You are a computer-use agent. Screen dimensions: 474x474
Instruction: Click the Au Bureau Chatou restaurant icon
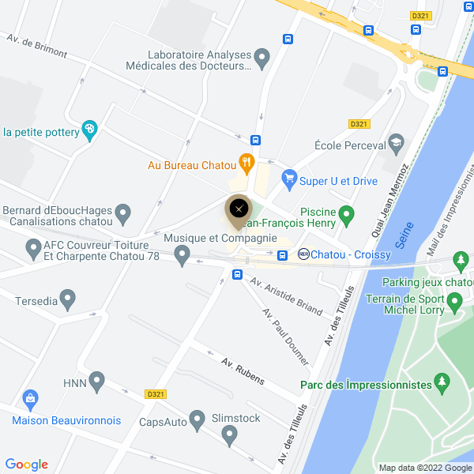[246, 164]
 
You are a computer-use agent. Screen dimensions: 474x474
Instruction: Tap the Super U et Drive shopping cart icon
[288, 180]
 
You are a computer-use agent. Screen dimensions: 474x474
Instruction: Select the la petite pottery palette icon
[90, 130]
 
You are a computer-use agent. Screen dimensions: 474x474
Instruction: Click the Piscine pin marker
[345, 213]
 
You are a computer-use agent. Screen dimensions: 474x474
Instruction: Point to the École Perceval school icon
[396, 144]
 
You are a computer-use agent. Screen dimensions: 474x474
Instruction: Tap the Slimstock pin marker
[230, 434]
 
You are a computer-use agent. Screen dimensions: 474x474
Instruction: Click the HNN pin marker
[97, 382]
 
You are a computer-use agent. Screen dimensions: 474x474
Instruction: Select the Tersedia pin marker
[68, 299]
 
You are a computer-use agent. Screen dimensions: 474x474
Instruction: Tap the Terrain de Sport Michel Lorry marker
[454, 301]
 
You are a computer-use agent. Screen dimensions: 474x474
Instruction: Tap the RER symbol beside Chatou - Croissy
[303, 254]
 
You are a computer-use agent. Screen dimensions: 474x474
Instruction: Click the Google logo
[27, 465]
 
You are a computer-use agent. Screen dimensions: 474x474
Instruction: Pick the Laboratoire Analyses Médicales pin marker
[262, 57]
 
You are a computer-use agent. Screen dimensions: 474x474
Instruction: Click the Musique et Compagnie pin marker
[182, 255]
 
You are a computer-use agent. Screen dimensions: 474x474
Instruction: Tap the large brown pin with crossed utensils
[239, 210]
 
